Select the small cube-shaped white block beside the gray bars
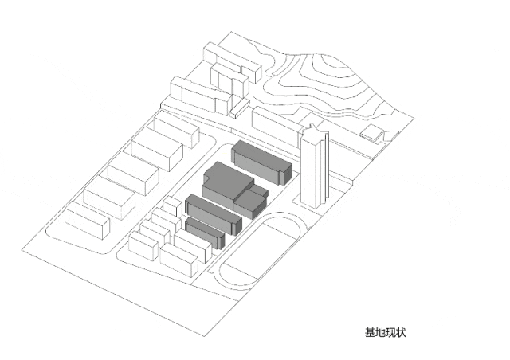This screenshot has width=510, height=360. [173, 205]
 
